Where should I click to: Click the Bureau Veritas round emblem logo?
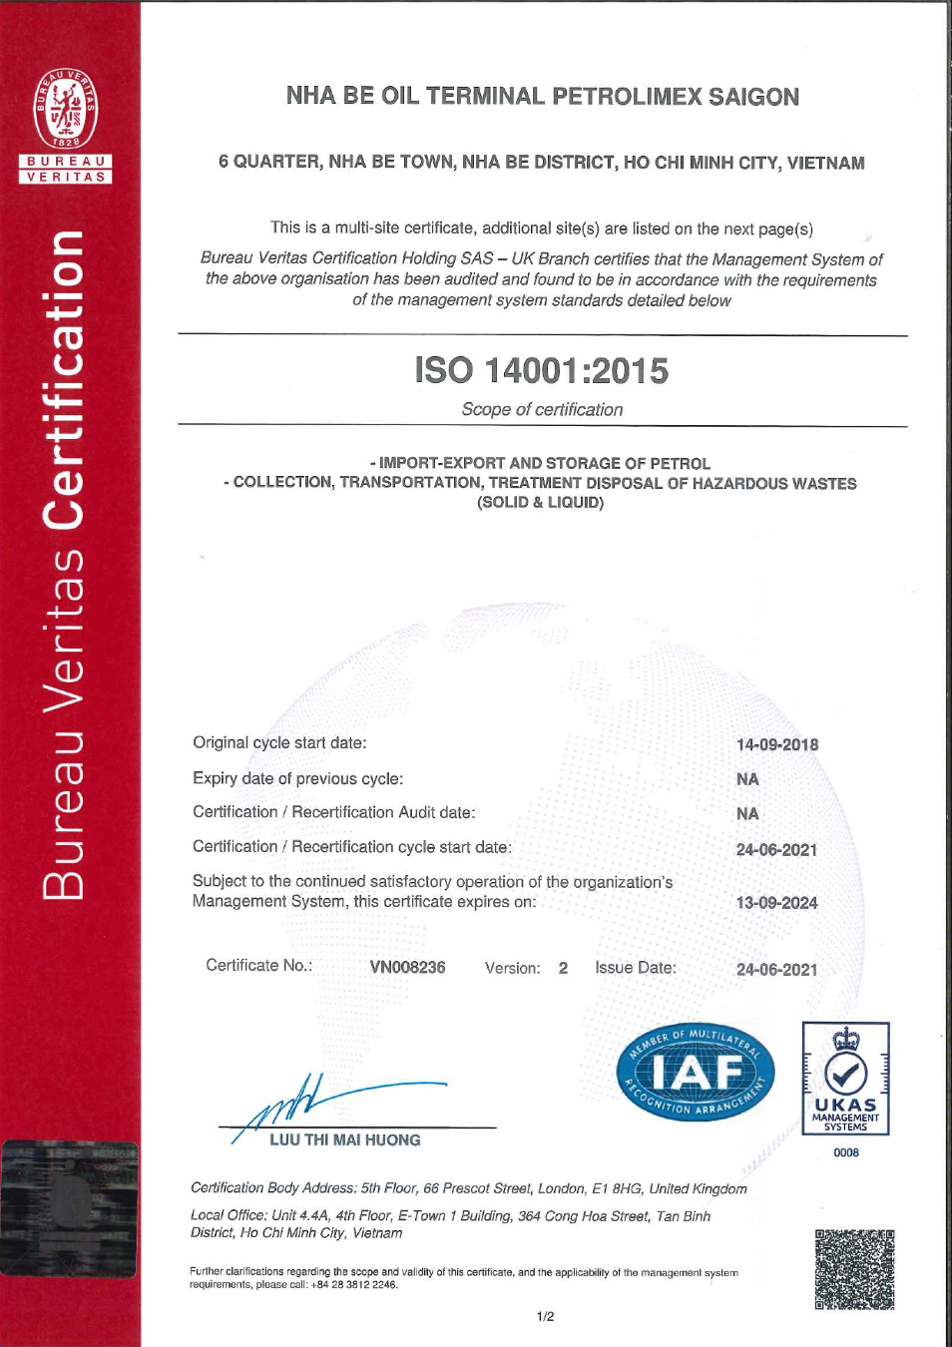pos(66,109)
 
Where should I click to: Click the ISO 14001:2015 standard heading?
pos(542,370)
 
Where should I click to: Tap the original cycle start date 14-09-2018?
pos(776,744)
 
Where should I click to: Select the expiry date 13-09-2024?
pos(776,903)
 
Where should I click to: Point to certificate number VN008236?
pos(407,967)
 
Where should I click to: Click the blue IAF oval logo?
pos(696,1073)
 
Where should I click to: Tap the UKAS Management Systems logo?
pos(845,1079)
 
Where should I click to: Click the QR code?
pos(854,1269)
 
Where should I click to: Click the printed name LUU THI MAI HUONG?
pos(344,1139)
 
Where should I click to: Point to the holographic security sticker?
pos(69,1208)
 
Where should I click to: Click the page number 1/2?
pos(545,1316)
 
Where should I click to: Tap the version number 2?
pos(563,968)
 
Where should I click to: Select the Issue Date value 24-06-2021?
pos(776,969)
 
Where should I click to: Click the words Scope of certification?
pos(542,409)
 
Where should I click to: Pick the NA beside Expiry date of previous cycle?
pos(747,779)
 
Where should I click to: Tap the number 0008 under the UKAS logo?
pos(846,1152)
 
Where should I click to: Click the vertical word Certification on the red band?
pos(65,379)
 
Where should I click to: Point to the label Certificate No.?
pos(258,965)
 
